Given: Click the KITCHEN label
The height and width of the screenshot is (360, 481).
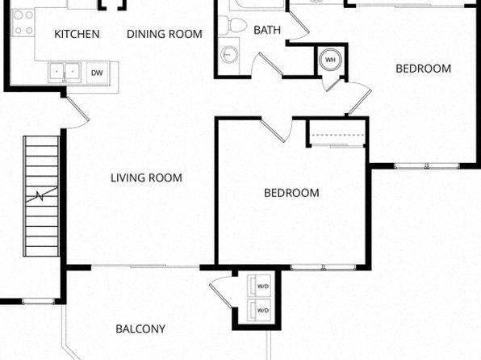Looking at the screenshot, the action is pos(77,34).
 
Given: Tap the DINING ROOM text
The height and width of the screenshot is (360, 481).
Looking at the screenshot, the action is pos(165,34).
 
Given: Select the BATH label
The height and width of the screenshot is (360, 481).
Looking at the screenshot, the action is pos(267,30).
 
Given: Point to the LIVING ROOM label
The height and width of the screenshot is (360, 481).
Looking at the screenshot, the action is pos(146,178).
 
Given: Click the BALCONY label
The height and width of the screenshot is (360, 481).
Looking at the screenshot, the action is pos(140,329).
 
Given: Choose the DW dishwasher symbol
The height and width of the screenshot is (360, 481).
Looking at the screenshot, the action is pos(97,73).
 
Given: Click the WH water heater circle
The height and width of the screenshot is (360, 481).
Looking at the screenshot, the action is pos(330,60).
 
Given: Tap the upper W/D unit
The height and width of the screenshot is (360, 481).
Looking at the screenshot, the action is pos(259,286).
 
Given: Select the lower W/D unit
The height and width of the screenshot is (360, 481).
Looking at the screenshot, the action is pos(259,310).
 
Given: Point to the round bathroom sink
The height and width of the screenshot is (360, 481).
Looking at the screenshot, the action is pos(229,55).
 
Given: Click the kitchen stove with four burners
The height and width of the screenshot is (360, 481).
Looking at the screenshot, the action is pos(23,23).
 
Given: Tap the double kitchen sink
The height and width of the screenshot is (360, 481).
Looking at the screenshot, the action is pos(65,73).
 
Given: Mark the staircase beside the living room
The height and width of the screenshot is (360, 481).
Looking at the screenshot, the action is pos(42,196).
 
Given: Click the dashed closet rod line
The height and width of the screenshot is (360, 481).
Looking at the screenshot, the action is pos(337,135).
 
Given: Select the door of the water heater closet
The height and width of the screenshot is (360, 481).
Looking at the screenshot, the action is pos(333,82).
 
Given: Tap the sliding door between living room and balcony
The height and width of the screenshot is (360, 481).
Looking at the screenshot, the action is pos(145,266).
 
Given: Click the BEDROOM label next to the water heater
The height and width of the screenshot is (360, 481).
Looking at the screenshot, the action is pos(424,69).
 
